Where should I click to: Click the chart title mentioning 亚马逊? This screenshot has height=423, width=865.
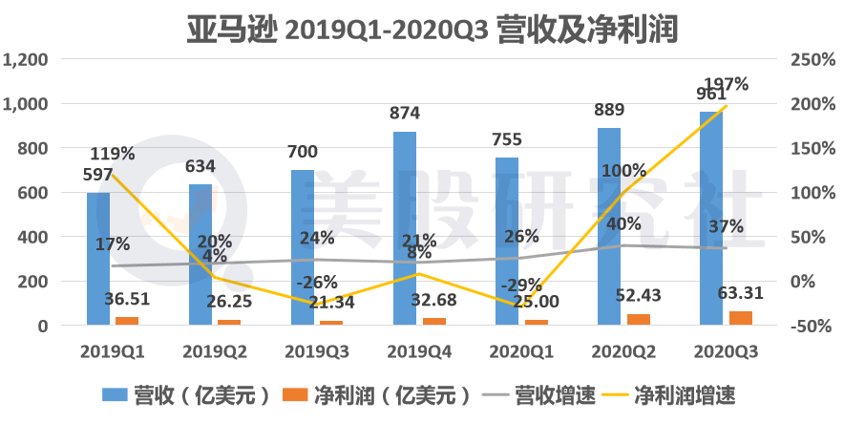[x=432, y=28]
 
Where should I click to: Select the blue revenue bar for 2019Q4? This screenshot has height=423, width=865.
[x=405, y=228]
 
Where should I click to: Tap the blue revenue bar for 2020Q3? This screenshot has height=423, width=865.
[x=711, y=219]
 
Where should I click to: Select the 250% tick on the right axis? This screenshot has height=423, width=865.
[x=813, y=59]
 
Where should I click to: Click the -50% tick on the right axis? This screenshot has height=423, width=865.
[x=813, y=326]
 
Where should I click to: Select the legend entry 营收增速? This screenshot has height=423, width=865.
[x=537, y=393]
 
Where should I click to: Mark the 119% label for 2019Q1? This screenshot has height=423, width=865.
[x=113, y=153]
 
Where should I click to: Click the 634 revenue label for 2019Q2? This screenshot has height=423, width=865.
[x=199, y=166]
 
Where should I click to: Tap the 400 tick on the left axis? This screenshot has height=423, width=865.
[x=32, y=237]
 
